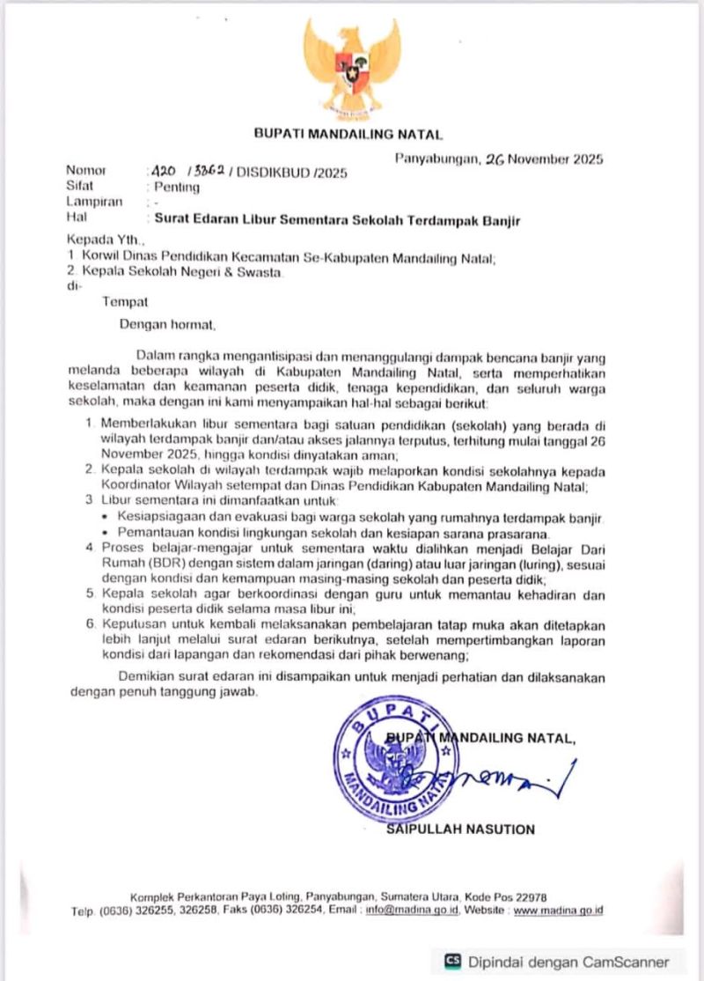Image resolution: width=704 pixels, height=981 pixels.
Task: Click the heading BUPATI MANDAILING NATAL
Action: click(x=348, y=135)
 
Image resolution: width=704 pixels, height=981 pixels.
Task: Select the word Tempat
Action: click(x=125, y=302)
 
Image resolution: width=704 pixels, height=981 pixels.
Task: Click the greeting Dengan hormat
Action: click(x=168, y=324)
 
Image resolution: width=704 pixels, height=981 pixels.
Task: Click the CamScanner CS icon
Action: click(x=453, y=962)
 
